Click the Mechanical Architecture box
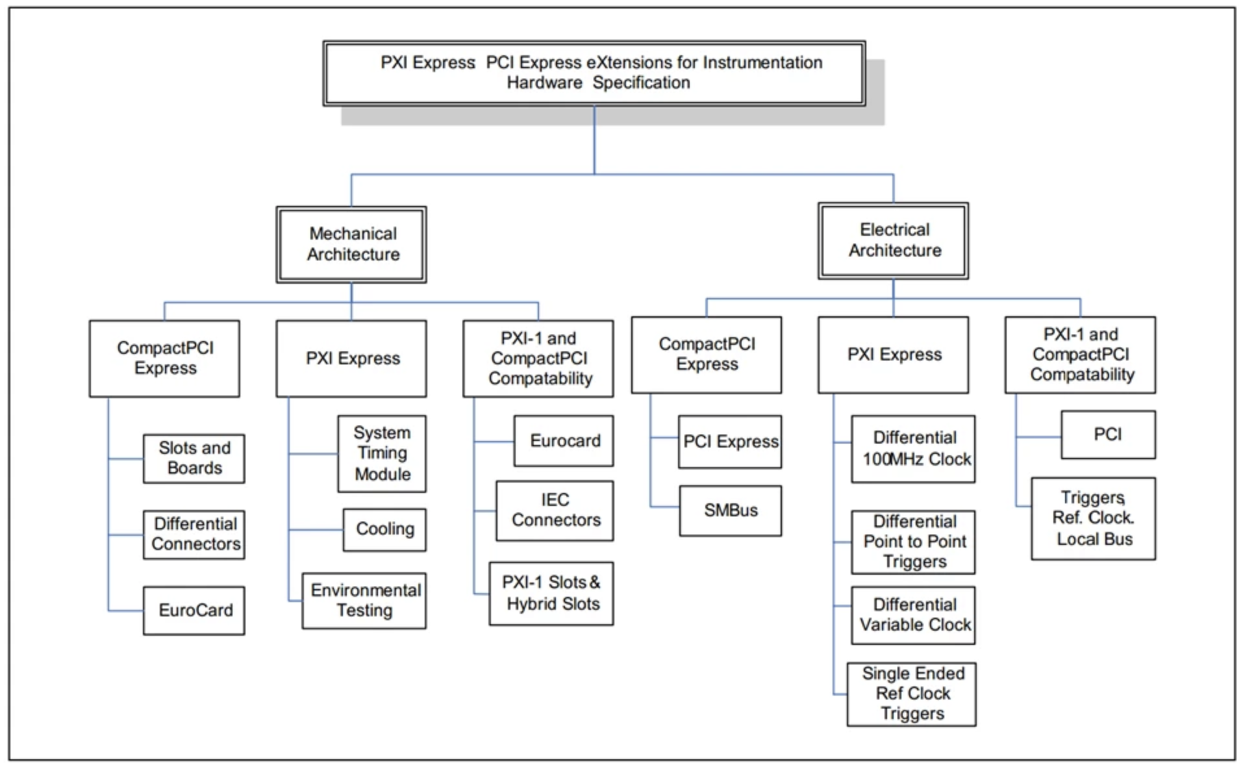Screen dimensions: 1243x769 (351, 244)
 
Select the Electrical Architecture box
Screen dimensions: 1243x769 (893, 240)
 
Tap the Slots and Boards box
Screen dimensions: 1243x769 (194, 459)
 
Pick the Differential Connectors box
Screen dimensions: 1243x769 (194, 535)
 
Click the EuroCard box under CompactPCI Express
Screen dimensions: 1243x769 (194, 611)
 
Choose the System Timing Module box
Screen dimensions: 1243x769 (382, 453)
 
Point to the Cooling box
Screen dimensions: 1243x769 (384, 529)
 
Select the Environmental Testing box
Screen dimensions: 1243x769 (364, 600)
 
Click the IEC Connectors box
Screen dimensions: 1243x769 (555, 511)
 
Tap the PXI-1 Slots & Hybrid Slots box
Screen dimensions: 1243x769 (551, 593)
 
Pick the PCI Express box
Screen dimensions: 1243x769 (730, 442)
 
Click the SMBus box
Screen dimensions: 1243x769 (731, 511)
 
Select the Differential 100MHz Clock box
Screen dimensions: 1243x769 (913, 449)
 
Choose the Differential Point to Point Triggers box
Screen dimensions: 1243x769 (913, 542)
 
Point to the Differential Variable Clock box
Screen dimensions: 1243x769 (913, 615)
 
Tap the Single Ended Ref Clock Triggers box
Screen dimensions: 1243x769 (912, 694)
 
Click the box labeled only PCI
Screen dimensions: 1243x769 (1109, 435)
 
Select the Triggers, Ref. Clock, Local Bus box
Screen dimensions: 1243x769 (1094, 518)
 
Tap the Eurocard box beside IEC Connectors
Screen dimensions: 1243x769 (564, 441)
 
